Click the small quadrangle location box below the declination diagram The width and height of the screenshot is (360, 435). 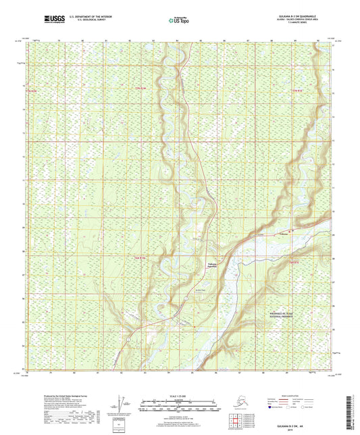click(122, 424)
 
